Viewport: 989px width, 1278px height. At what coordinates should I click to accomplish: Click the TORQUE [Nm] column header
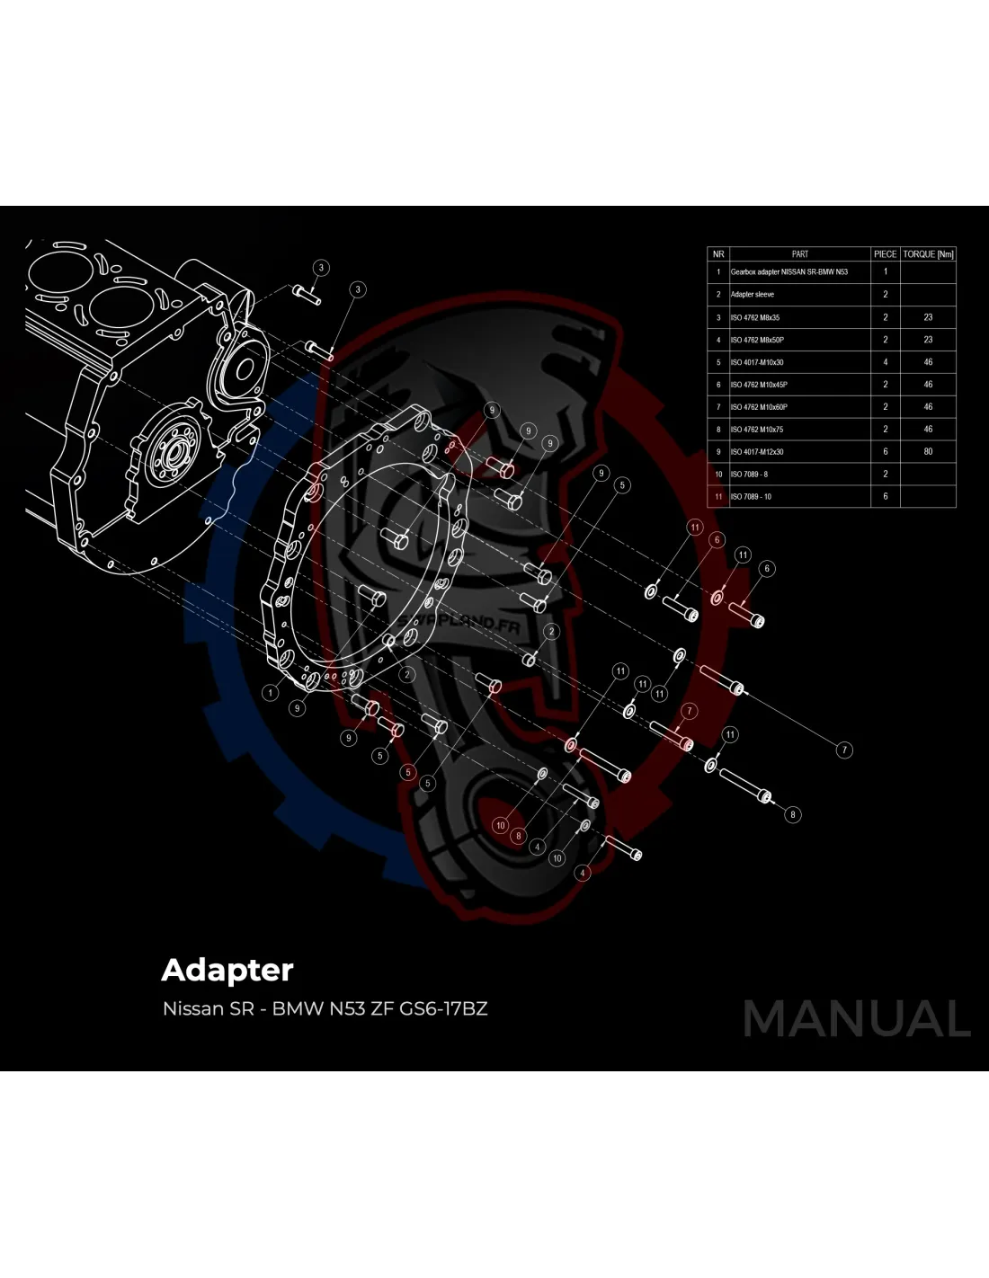pyautogui.click(x=928, y=254)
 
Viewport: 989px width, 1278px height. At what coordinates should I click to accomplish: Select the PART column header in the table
pyautogui.click(x=799, y=254)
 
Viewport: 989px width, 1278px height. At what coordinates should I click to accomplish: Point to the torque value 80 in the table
pyautogui.click(x=928, y=452)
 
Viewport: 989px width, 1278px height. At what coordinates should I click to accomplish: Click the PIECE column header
pyautogui.click(x=885, y=254)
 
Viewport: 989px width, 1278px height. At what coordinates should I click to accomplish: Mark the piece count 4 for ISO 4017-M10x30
pyautogui.click(x=885, y=362)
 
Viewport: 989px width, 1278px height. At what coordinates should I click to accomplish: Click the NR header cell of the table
pyautogui.click(x=717, y=254)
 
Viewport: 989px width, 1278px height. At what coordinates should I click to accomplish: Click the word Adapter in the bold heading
pyautogui.click(x=227, y=970)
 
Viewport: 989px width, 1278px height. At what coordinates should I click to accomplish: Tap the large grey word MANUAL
pyautogui.click(x=857, y=1019)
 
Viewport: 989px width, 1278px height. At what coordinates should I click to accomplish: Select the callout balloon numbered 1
pyautogui.click(x=270, y=692)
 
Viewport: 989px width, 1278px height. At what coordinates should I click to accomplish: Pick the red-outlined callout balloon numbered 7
pyautogui.click(x=690, y=711)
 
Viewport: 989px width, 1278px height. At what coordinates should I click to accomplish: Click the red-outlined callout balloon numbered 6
pyautogui.click(x=717, y=540)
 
